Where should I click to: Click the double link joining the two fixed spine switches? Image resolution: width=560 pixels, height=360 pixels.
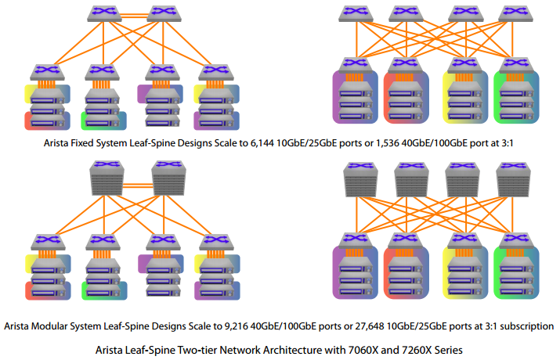click(134, 16)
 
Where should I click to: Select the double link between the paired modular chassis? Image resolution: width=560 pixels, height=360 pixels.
click(138, 185)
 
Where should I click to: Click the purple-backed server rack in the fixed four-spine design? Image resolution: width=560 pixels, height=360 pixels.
click(356, 96)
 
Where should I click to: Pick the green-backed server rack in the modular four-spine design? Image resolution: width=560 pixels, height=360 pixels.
click(516, 272)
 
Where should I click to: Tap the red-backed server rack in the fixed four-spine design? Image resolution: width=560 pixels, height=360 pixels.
click(406, 96)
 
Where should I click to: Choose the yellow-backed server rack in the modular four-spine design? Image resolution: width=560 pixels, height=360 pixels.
click(465, 272)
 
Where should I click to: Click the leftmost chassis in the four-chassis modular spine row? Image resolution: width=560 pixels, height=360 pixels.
click(361, 179)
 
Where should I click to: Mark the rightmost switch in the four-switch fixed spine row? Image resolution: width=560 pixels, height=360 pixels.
click(515, 13)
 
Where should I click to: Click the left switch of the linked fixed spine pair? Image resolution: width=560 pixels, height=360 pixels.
click(104, 13)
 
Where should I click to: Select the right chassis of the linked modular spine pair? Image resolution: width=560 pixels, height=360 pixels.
click(168, 178)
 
